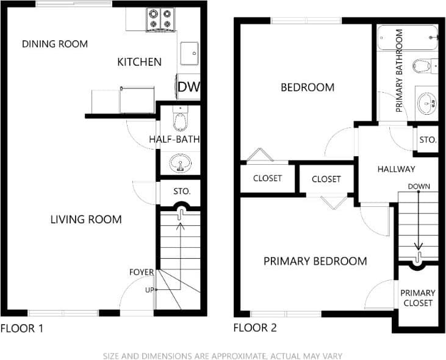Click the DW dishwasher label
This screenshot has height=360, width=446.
pyautogui.click(x=189, y=87)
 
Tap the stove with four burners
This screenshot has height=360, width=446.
pyautogui.click(x=160, y=20)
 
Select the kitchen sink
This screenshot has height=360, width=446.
pyautogui.click(x=189, y=54)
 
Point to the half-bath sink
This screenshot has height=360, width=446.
pyautogui.click(x=180, y=163)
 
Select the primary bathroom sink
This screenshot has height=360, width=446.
pyautogui.click(x=426, y=103)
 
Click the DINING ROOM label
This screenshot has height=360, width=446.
pyautogui.click(x=55, y=44)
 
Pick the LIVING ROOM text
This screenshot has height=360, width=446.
pyautogui.click(x=86, y=220)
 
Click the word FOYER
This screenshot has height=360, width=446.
pyautogui.click(x=141, y=272)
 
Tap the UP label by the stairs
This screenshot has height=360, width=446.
pyautogui.click(x=149, y=290)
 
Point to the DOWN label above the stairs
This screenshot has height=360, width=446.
pyautogui.click(x=419, y=186)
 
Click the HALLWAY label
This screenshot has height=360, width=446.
pyautogui.click(x=396, y=169)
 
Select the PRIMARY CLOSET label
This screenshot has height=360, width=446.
pyautogui.click(x=418, y=298)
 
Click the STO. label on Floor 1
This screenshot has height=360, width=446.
pyautogui.click(x=182, y=191)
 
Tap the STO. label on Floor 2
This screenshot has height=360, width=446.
pyautogui.click(x=428, y=140)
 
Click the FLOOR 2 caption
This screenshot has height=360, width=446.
pyautogui.click(x=255, y=328)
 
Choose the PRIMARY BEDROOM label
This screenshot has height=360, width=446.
pyautogui.click(x=315, y=261)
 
